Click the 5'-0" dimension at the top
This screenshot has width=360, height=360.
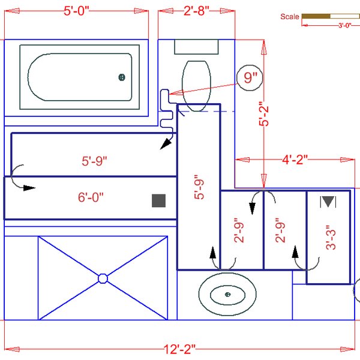pos(76,11)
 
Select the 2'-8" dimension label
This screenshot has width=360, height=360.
pos(196,11)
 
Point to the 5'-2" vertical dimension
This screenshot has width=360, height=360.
pos(263,114)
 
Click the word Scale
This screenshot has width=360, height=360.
pos(290,17)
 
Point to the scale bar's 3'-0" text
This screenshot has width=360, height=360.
pos(344,26)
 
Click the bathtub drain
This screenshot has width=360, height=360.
pos(122,77)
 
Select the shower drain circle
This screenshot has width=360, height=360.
pos(103,278)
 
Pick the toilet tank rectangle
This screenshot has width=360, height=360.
pos(197,47)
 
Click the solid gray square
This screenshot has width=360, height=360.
pos(158,201)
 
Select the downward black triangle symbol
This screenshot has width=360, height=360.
pos(328,202)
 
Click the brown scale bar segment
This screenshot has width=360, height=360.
pos(316,16)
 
